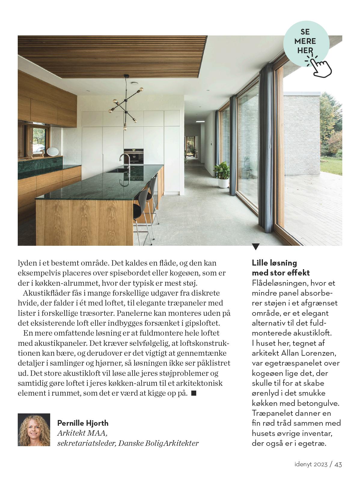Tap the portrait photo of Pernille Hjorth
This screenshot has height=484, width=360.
[x=34, y=430]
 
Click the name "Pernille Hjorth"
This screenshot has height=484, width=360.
[x=83, y=423]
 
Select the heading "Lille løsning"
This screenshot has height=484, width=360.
[x=274, y=263]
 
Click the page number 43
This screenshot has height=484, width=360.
[x=338, y=464]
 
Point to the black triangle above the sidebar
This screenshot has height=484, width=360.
[x=255, y=247]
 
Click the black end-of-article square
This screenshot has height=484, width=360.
[x=194, y=393]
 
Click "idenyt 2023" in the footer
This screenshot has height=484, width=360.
[x=311, y=464]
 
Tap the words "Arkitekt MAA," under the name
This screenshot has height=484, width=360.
[x=82, y=433]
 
